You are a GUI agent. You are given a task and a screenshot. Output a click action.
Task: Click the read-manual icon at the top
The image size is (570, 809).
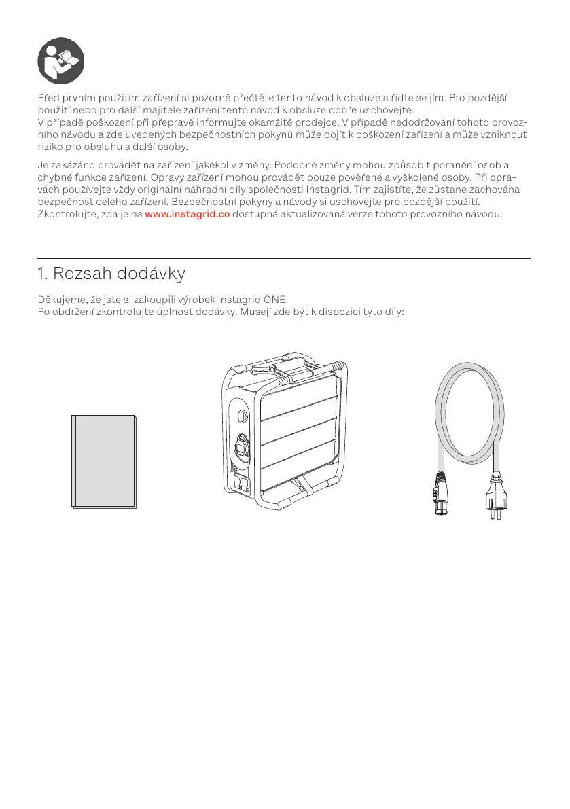pos(60,60)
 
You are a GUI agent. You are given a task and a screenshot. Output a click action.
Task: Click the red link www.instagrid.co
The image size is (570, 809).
pos(187,215)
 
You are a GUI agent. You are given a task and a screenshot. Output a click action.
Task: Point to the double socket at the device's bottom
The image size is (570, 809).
pos(242,483)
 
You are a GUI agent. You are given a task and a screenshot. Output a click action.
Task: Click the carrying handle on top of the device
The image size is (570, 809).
pos(290,367)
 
